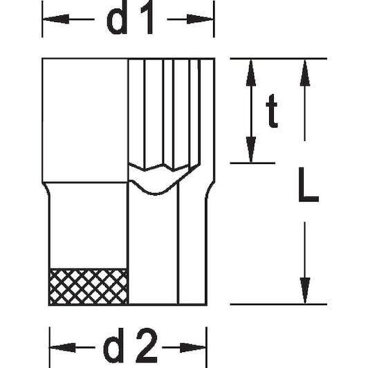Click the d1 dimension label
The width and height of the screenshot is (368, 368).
coord(130,17)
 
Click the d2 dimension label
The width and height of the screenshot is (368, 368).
coord(131,345)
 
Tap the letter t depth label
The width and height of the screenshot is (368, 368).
coord(272,111)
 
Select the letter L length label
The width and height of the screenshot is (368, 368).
coord(309,185)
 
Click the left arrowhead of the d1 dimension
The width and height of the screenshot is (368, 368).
coord(56,19)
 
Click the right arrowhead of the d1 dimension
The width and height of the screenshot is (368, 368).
coord(200,19)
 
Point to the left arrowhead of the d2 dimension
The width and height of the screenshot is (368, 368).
coord(63,347)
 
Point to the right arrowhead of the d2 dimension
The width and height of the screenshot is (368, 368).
coord(193,347)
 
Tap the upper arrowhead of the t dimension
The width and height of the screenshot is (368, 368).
coord(251,73)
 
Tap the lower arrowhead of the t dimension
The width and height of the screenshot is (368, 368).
coord(251,149)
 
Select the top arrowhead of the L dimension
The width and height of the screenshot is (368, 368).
coord(305,73)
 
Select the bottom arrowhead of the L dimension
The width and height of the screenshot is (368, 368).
coord(305,291)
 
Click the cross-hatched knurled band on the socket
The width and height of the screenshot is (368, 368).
coord(89,286)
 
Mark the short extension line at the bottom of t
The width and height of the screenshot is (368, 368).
coord(252,163)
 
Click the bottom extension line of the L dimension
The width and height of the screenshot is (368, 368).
coord(279,304)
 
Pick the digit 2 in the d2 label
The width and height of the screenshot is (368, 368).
coord(147,345)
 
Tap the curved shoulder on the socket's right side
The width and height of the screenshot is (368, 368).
coord(210,190)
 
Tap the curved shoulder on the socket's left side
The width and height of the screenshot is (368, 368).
coord(46,190)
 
